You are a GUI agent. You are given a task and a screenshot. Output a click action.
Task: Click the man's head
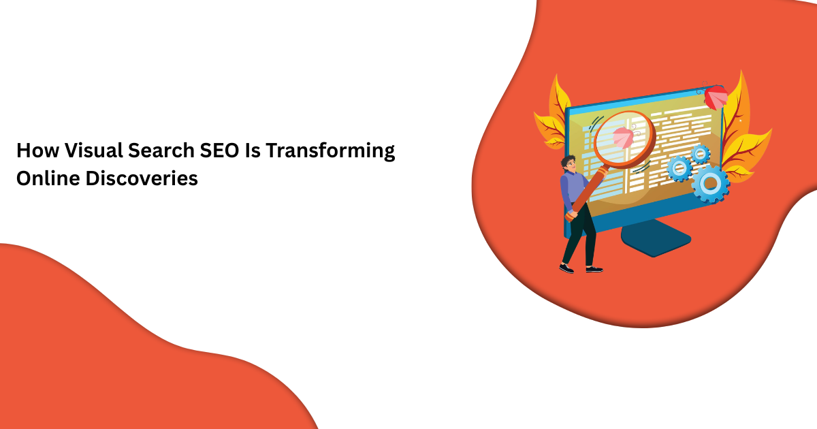pyautogui.click(x=569, y=163)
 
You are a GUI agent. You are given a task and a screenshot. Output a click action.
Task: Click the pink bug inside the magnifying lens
pyautogui.click(x=622, y=136)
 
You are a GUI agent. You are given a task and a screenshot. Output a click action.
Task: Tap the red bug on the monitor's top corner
pyautogui.click(x=716, y=97)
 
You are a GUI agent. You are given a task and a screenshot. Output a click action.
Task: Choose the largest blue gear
pyautogui.click(x=710, y=182)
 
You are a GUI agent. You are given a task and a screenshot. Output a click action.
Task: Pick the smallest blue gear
pyautogui.click(x=700, y=153)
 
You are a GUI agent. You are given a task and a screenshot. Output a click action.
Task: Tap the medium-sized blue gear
pyautogui.click(x=679, y=168)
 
